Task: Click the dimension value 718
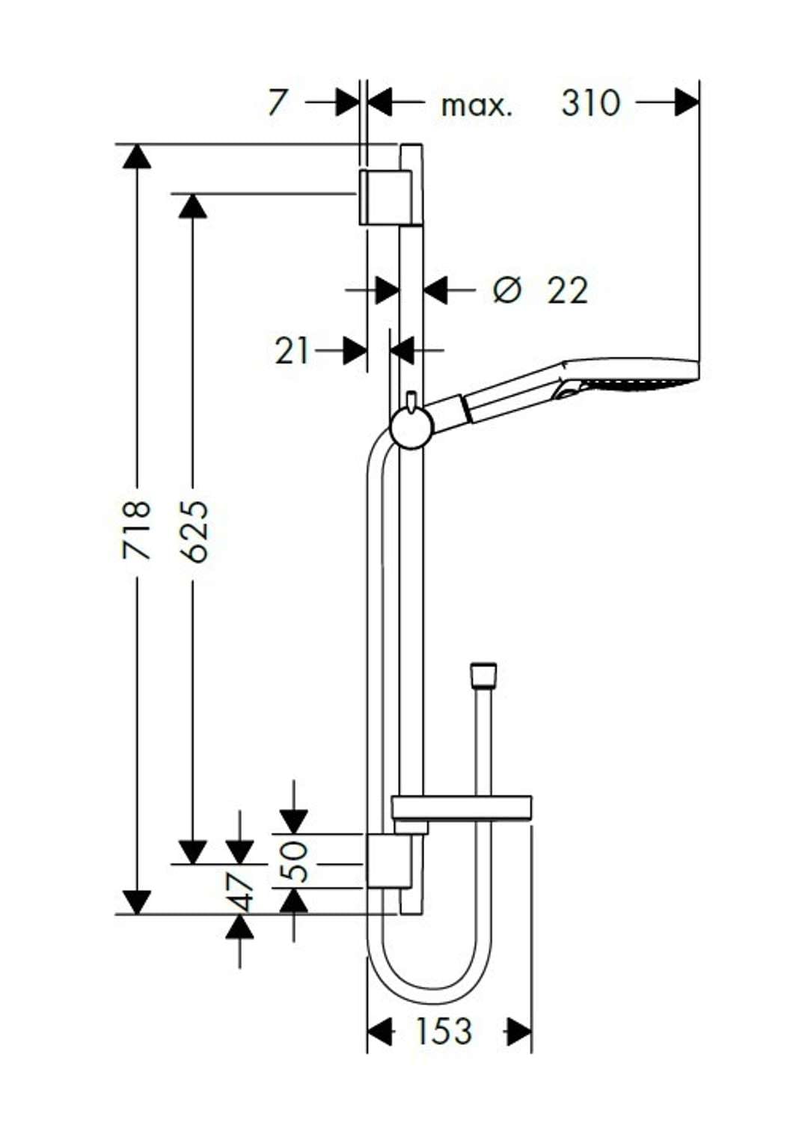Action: pyautogui.click(x=137, y=530)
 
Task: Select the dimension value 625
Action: pyautogui.click(x=195, y=530)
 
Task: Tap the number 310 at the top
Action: pyautogui.click(x=590, y=102)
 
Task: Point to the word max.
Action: pyautogui.click(x=477, y=105)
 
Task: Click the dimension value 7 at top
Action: pyautogui.click(x=277, y=102)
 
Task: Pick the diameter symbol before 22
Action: pyautogui.click(x=506, y=289)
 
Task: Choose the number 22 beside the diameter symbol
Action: pyautogui.click(x=567, y=290)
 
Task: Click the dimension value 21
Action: pyautogui.click(x=292, y=350)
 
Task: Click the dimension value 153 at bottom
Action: pyautogui.click(x=444, y=1032)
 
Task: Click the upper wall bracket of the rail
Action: pyautogui.click(x=385, y=197)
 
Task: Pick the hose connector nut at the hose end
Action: pyautogui.click(x=483, y=675)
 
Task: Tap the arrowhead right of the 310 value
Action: pyautogui.click(x=686, y=102)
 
